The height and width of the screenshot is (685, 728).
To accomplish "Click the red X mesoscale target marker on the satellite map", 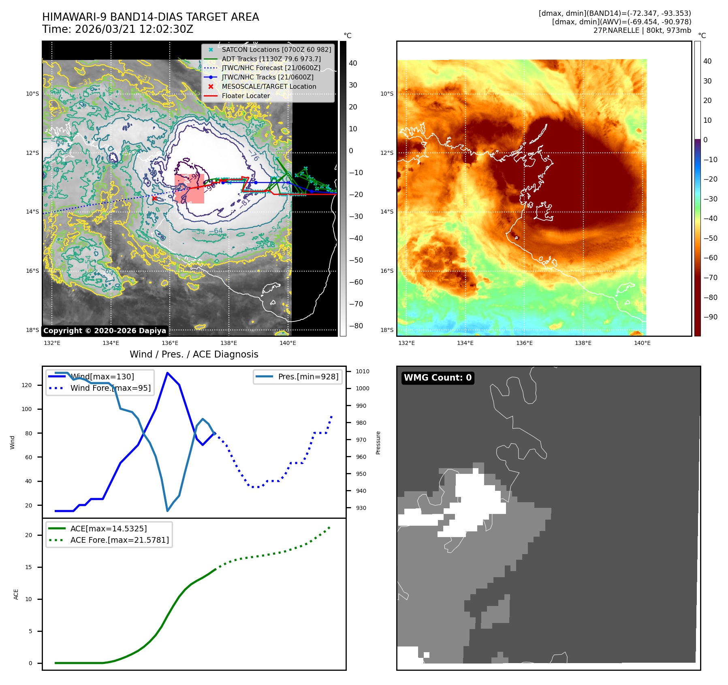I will tap(154, 198).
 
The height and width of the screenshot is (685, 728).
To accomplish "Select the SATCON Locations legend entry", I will tap(276, 49).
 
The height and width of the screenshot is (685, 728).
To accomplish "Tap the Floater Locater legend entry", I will tap(246, 96).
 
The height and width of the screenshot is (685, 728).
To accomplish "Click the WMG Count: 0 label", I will tap(438, 378).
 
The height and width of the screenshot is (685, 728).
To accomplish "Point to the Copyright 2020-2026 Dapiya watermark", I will tap(105, 331).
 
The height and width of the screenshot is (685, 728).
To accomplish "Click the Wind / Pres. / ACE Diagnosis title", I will tap(194, 354).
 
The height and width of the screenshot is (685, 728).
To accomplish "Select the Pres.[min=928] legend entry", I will tap(308, 377).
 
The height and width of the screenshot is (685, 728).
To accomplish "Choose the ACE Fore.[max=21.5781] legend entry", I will tap(119, 540).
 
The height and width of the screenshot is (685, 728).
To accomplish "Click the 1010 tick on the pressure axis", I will tap(363, 371).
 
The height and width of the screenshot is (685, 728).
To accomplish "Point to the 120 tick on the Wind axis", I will tap(27, 385).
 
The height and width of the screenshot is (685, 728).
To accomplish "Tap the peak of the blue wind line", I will tap(167, 373).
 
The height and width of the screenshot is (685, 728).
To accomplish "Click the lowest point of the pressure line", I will tap(167, 511).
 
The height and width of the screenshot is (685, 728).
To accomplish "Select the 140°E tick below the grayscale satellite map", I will tap(288, 343).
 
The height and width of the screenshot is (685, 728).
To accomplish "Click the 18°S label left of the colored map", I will tap(387, 330).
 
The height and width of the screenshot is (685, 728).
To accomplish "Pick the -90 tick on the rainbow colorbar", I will tap(710, 317).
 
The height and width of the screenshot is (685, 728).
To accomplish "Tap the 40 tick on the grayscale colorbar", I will tap(353, 63).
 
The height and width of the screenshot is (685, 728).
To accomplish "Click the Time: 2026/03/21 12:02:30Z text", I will tap(117, 29).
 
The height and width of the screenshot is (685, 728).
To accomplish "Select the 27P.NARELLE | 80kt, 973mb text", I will tap(642, 30).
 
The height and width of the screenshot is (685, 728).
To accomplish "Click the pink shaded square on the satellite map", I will tap(189, 189).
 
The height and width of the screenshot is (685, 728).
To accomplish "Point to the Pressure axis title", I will tap(378, 443).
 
